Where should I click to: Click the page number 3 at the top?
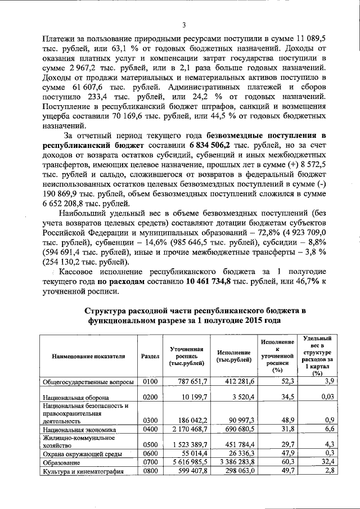pos(184,25)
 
